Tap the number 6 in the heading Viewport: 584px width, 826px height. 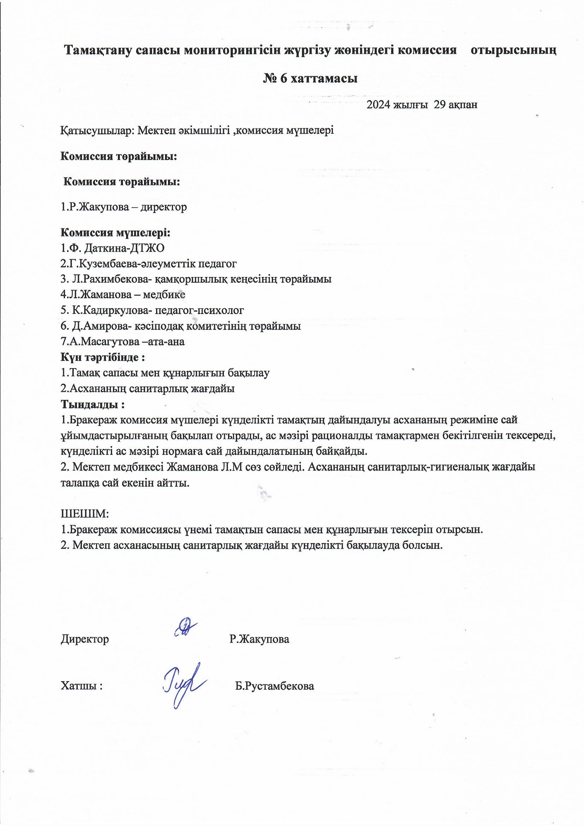(283, 78)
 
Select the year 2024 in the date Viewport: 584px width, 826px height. (378, 105)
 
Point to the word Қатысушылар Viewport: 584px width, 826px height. (97, 130)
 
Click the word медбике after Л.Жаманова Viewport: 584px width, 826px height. (164, 295)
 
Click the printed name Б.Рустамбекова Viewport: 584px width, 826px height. (275, 686)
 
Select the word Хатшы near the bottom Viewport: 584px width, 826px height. (80, 686)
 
